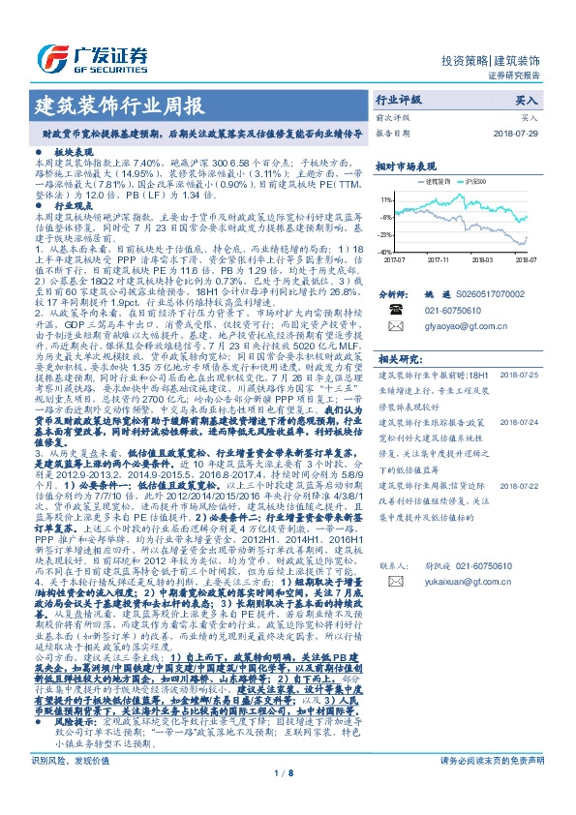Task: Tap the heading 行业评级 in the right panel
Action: (399, 100)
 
